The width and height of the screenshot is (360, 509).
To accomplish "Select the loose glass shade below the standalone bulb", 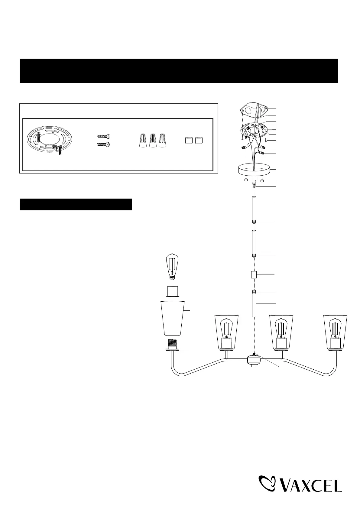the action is pos(173,318).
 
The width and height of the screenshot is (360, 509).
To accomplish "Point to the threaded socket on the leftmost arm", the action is pos(173,345).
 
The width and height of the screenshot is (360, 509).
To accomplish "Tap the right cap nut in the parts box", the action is pos(199,141).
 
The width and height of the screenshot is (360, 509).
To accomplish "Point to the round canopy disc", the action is pos(254,170).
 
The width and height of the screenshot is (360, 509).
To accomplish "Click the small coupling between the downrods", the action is pos(254,275).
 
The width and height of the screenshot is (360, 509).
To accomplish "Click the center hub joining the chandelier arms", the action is pos(253,360).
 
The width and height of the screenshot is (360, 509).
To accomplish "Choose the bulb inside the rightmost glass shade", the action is pos(335,330).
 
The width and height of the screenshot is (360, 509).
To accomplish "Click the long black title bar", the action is pos(179,71).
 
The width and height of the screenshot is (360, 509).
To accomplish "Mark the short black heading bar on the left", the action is pos(76,204).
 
